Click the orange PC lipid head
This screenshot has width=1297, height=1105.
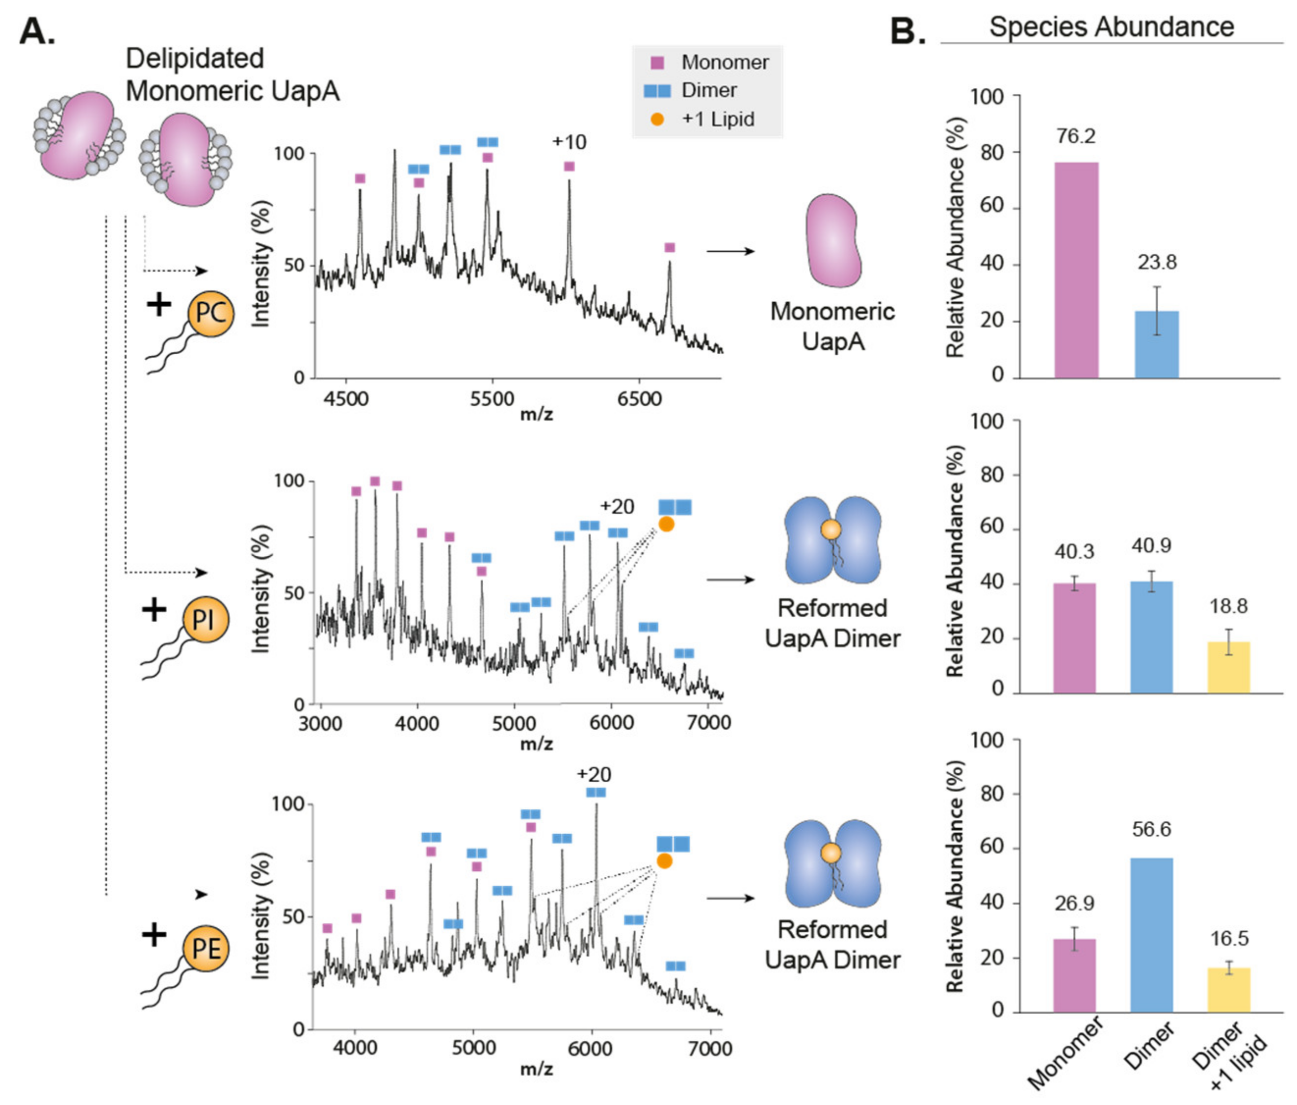click(x=211, y=313)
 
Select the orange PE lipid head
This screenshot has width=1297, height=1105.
click(x=206, y=948)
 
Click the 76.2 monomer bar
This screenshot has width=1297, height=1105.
click(x=1076, y=270)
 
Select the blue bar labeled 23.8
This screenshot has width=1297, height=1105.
click(x=1157, y=344)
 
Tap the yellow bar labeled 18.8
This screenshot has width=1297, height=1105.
click(x=1228, y=667)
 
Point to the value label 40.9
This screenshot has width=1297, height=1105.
click(x=1151, y=546)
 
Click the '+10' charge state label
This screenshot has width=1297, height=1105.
click(x=569, y=142)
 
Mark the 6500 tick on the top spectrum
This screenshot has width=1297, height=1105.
click(x=639, y=399)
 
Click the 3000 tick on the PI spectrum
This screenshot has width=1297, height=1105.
click(x=320, y=723)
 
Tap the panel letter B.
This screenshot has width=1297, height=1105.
click(x=908, y=30)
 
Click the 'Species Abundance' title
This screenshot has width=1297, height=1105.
click(x=1111, y=27)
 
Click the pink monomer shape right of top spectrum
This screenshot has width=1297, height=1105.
click(x=832, y=240)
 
